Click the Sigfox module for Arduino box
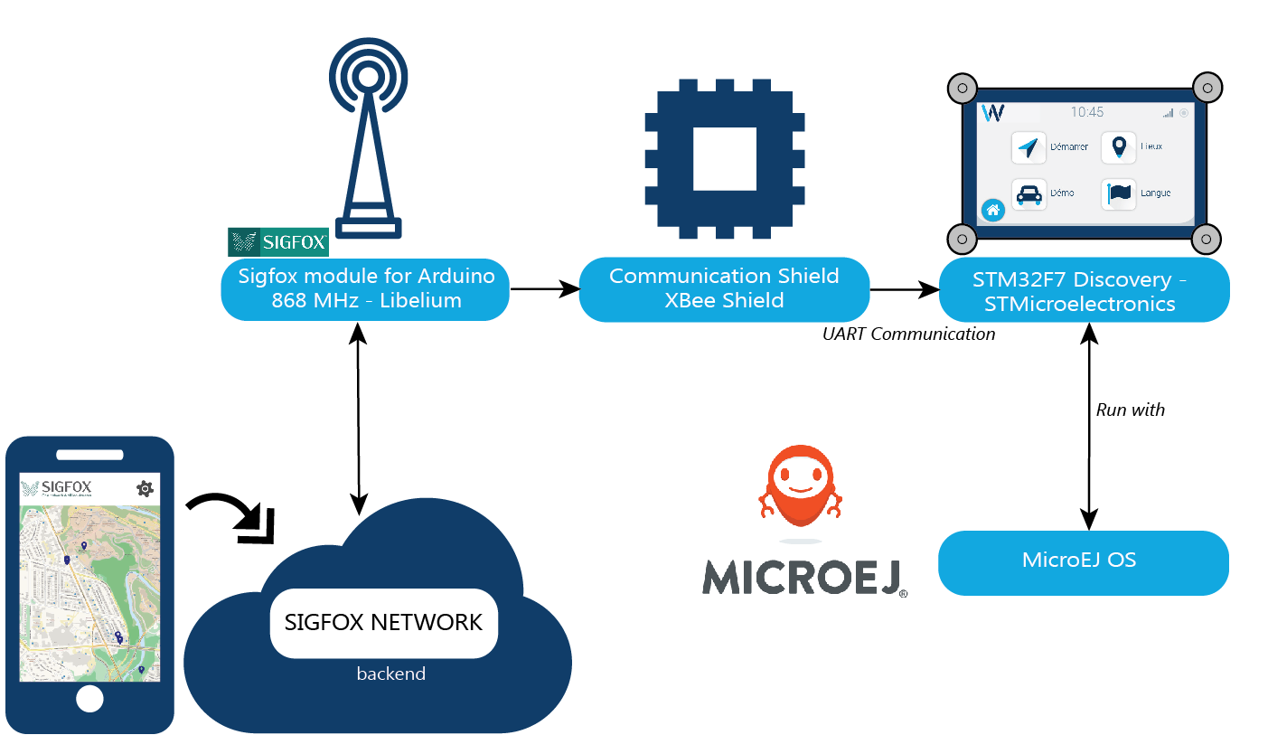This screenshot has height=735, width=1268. (x=364, y=289)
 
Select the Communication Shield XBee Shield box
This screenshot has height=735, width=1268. (x=724, y=289)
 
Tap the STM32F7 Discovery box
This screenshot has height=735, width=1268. (x=1084, y=290)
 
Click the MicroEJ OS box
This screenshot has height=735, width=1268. (x=1084, y=561)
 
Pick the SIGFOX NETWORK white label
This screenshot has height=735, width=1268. (x=384, y=623)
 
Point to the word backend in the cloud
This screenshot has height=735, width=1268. (x=390, y=674)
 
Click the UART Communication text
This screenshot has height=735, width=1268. (x=908, y=335)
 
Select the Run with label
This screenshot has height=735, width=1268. (x=1130, y=410)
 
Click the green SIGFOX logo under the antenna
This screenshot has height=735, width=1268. (x=278, y=241)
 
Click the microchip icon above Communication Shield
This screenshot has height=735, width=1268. (x=724, y=159)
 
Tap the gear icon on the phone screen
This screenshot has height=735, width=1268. (x=144, y=488)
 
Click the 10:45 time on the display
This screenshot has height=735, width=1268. (x=1086, y=112)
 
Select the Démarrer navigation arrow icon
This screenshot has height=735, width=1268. (x=1028, y=147)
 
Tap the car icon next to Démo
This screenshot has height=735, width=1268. (x=1028, y=194)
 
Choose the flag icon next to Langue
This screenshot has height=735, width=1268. (x=1119, y=193)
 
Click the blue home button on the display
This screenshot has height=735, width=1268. (x=992, y=211)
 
